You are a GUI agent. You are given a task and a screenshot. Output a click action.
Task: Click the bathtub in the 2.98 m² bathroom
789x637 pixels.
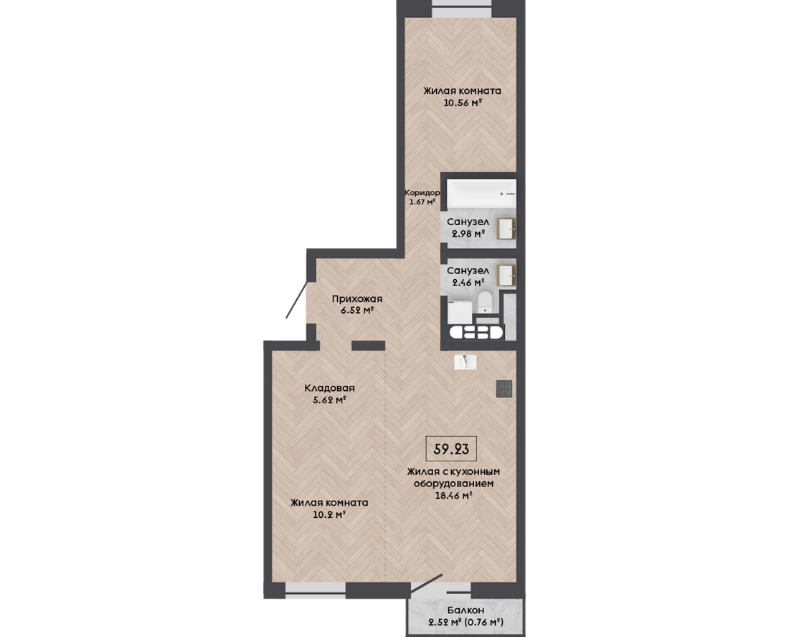pos(481,194)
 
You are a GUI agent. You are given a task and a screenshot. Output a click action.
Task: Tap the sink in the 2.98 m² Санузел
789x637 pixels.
pos(506,229)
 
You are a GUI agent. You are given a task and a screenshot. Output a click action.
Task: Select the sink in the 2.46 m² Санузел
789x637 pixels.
pos(506,275)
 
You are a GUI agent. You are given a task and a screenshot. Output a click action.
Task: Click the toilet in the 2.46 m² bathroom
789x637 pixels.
pos(485,303)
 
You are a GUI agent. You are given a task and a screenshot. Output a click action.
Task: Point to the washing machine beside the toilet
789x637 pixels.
pos(459,312)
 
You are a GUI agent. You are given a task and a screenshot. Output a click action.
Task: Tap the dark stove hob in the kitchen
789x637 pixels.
pos(504,388)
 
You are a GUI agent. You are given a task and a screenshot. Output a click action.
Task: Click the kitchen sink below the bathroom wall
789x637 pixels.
pos(466,362)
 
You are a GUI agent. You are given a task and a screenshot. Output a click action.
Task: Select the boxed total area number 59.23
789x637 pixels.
pos(451,449)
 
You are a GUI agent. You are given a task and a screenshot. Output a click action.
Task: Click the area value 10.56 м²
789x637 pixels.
pos(463,103)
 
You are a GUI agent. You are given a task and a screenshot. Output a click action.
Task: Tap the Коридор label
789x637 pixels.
pos(422,193)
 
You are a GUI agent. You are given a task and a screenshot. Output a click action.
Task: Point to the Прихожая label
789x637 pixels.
pos(357,299)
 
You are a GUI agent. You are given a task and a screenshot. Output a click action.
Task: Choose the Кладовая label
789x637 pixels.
pos(330,388)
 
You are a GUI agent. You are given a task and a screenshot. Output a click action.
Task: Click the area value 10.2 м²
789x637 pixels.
pos(329,515)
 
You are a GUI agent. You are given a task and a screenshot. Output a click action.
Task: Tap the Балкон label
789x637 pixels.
pos(466,610)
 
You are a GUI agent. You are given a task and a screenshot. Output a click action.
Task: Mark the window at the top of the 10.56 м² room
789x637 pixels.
pos(462,9)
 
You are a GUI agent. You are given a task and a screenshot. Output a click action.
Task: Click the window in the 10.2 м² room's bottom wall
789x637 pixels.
pos(316,590)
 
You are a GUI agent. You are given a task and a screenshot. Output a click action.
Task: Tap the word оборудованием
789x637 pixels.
pos(454,484)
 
